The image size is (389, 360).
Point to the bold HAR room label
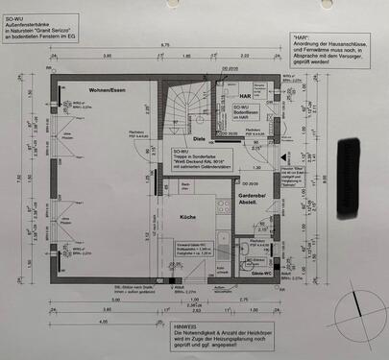(245, 97)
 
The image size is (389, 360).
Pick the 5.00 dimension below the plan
(101, 300)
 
